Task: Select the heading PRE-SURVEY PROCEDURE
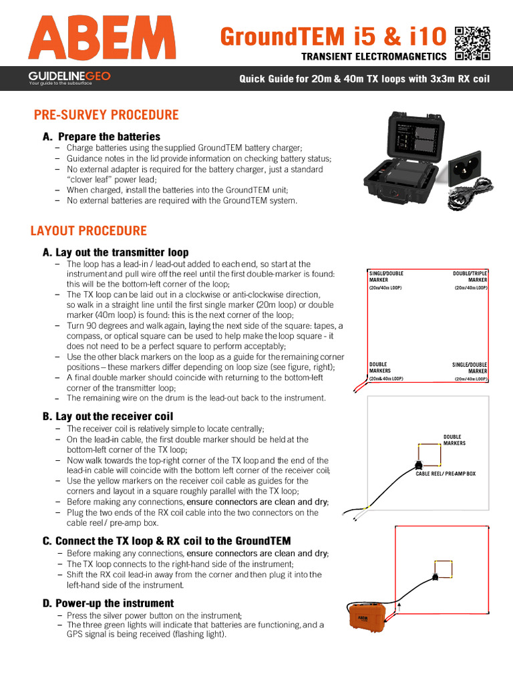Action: [x=106, y=115]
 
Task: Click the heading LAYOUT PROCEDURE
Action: [x=88, y=231]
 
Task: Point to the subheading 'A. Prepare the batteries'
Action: [x=101, y=136]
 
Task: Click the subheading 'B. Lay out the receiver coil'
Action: [x=108, y=416]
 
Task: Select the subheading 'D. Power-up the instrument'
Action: [x=108, y=603]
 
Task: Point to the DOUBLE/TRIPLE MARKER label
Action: [x=470, y=277]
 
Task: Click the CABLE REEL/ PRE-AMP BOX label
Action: [x=446, y=473]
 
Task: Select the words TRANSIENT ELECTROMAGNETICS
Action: [x=373, y=57]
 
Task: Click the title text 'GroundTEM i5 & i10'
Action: [x=335, y=36]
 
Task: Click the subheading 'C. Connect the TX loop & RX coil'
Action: [x=166, y=540]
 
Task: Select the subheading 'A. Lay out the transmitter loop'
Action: [x=115, y=252]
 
